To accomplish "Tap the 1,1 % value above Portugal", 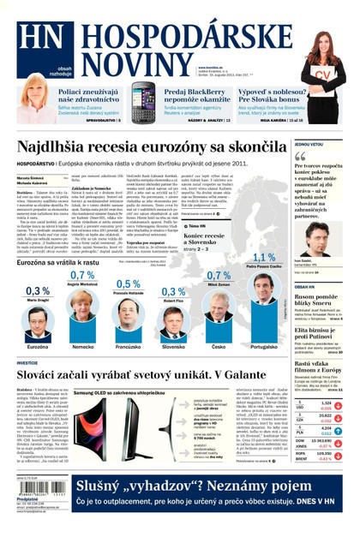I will (265, 256).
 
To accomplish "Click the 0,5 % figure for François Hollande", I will (128, 283).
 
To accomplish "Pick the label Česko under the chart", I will (219, 346).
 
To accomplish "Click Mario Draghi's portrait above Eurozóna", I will (38, 322).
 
